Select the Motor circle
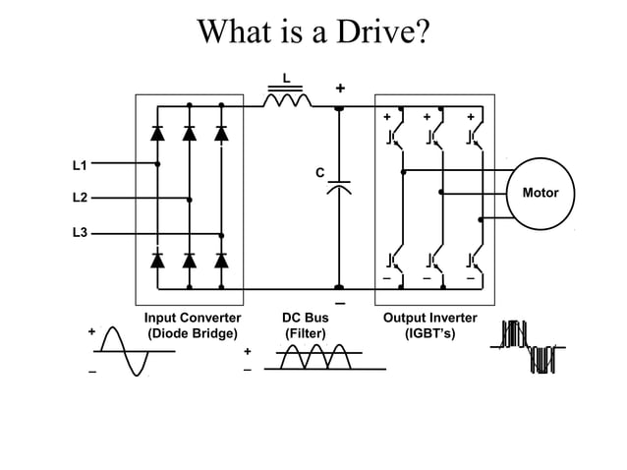click(x=540, y=193)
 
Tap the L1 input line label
click(x=80, y=164)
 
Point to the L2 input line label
click(x=80, y=199)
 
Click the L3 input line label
click(x=80, y=233)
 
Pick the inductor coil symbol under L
click(x=286, y=98)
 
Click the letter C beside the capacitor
click(x=318, y=173)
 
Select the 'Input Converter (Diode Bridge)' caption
click(x=193, y=325)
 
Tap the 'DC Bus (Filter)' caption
click(x=305, y=325)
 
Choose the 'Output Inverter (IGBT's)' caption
click(x=429, y=325)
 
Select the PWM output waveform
click(x=529, y=348)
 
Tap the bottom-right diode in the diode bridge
click(x=221, y=261)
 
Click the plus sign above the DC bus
click(x=340, y=88)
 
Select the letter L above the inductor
click(x=286, y=78)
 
